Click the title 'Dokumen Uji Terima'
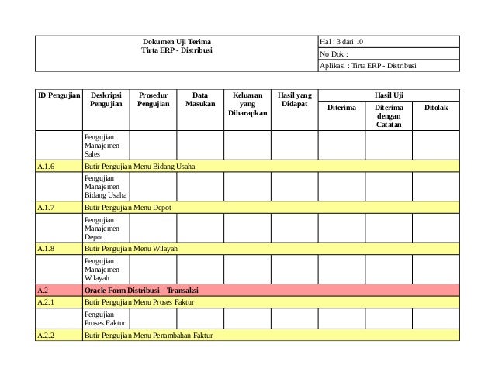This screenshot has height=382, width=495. pos(176,40)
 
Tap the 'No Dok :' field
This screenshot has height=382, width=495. pos(334,53)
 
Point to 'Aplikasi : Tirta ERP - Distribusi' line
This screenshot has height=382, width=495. pos(368,66)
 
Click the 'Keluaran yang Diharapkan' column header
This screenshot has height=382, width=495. pos(247,104)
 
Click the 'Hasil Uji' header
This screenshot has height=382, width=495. pos(389,95)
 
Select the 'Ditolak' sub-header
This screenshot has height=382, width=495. pos(435,108)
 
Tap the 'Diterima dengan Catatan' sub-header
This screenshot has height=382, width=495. pos(389,116)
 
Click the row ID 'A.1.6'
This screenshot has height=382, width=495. pos(46,166)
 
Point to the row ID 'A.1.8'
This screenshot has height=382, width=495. pos(46,248)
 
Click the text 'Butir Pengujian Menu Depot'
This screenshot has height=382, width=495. pos(128,207)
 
